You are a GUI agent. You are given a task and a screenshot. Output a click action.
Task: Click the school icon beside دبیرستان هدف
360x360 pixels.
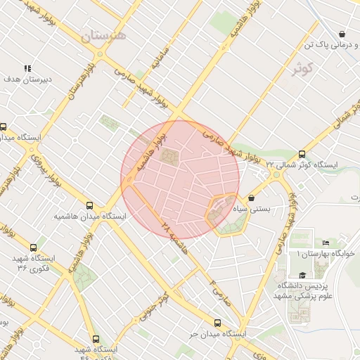(x=27, y=68)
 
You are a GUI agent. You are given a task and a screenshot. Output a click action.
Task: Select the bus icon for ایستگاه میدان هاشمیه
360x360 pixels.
(x=89, y=205)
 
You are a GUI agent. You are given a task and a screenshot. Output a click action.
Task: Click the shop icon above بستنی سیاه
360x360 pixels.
(x=252, y=198)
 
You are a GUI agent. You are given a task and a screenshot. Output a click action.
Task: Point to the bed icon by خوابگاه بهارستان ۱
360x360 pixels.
(x=325, y=243)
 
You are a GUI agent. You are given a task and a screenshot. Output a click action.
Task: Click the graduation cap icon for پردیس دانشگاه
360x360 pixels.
(x=302, y=275)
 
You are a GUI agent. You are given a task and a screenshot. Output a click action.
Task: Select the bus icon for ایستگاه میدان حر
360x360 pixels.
(x=217, y=323)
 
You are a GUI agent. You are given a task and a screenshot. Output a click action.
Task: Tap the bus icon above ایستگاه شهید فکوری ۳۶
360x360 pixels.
(x=34, y=247)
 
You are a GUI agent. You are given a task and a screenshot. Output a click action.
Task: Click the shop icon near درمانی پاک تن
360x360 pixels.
(x=342, y=34)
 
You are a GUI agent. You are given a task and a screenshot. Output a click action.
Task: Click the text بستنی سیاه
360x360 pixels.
(x=269, y=209)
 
